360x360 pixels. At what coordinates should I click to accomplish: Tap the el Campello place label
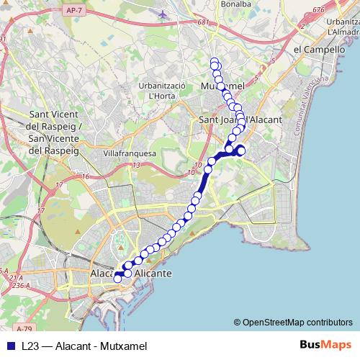coord(317,50)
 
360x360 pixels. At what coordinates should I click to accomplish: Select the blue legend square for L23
coord(10,346)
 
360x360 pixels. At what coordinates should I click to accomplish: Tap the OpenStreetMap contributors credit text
coord(293,323)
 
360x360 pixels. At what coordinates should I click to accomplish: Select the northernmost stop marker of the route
coord(214,61)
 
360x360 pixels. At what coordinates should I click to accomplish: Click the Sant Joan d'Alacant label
coord(234,119)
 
